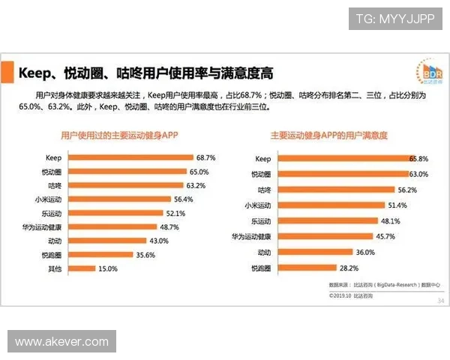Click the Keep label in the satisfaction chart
pos(262,159)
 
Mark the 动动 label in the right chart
pos(264,252)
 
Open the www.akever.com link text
pos(62,341)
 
